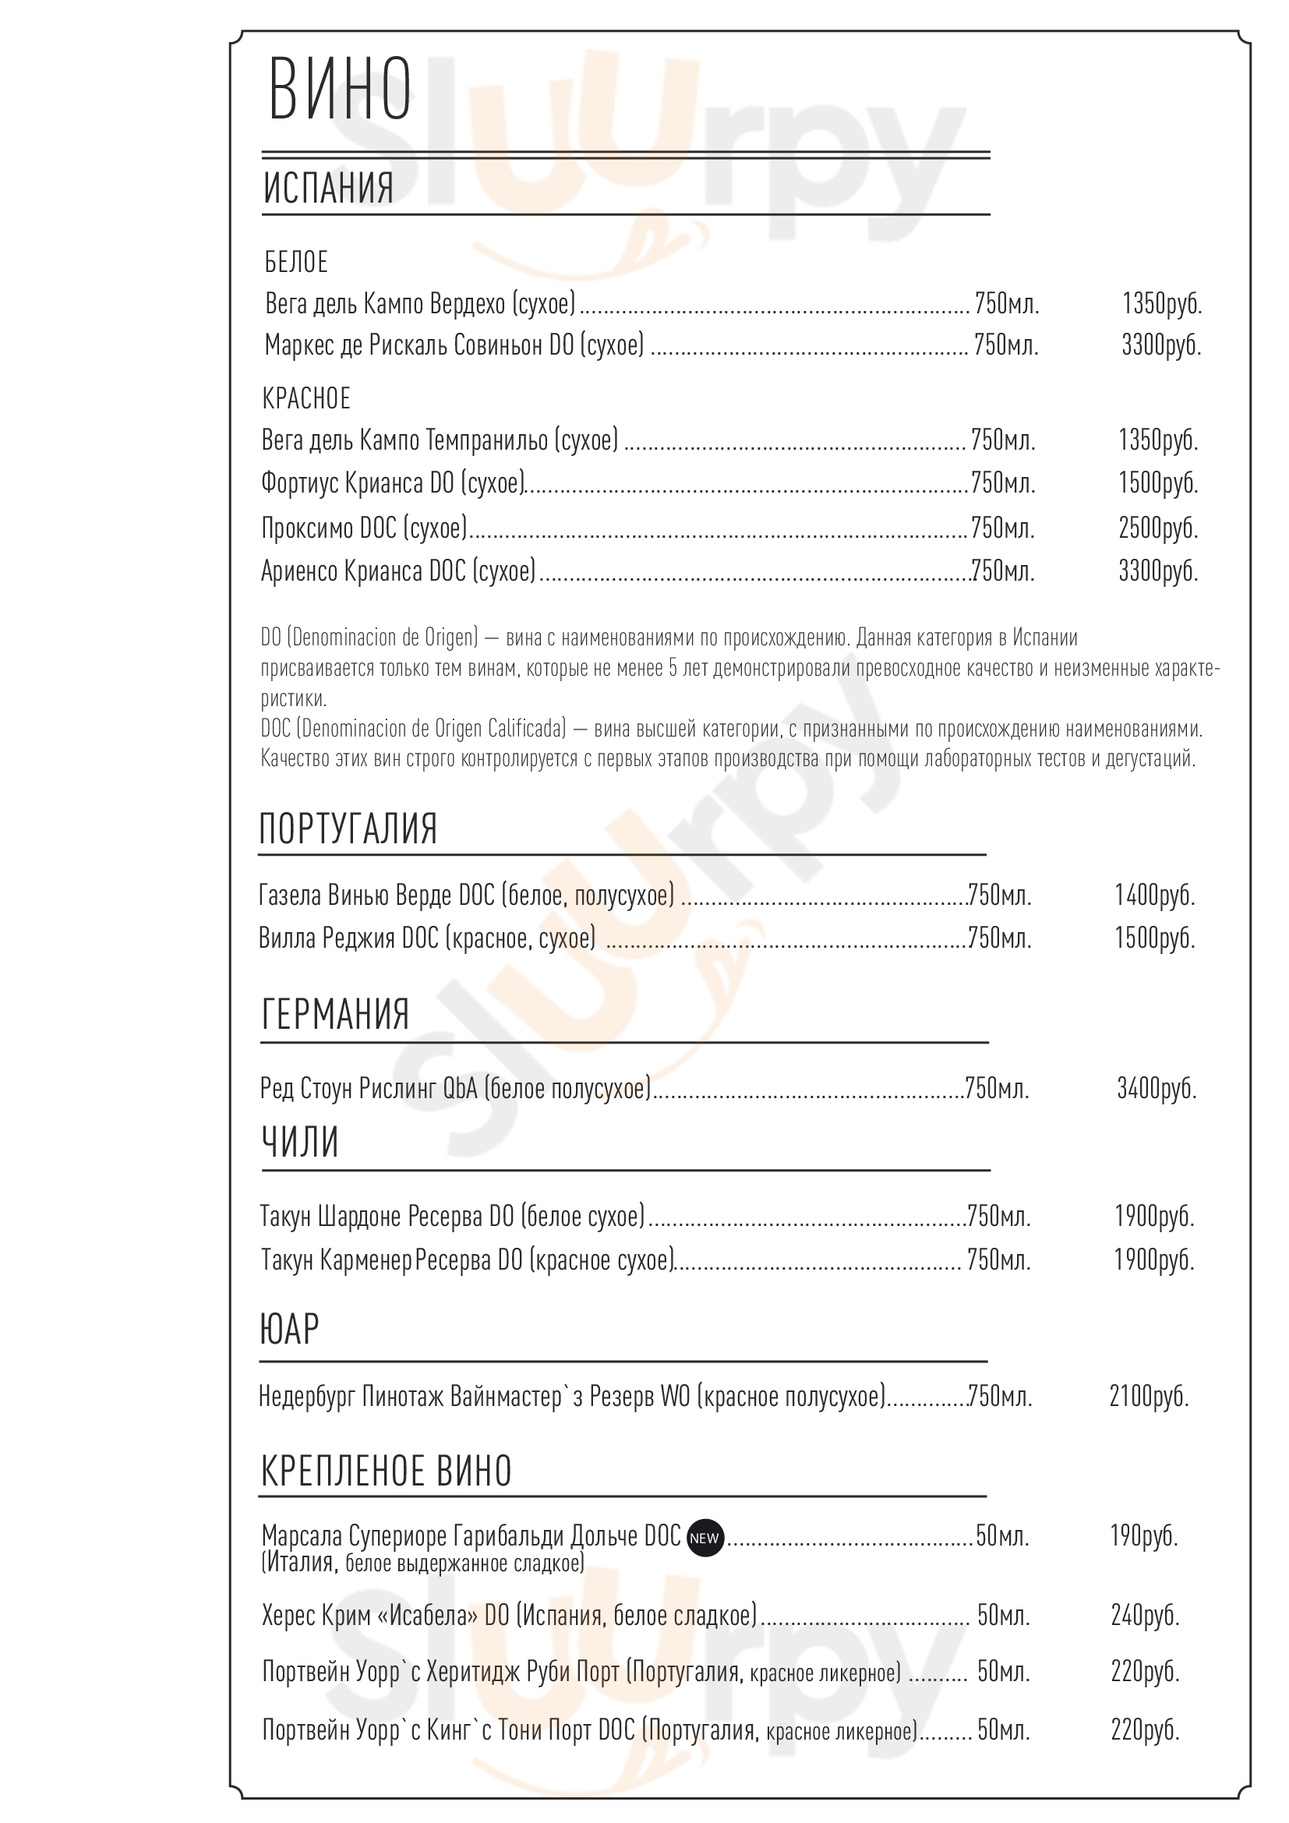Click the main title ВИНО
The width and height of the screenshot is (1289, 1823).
340,89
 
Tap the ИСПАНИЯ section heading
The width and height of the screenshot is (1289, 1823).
328,187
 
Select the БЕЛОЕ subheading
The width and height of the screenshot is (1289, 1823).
296,262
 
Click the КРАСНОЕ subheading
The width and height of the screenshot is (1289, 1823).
306,397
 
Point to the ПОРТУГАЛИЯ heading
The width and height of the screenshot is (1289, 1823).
348,828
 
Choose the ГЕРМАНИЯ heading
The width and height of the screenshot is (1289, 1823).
335,1014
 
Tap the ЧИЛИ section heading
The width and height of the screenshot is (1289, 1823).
300,1143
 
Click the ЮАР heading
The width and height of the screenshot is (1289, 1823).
289,1328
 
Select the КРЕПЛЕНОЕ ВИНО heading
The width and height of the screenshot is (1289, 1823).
386,1471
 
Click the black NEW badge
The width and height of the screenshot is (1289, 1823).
704,1537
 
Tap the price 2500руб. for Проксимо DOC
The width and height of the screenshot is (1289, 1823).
1158,528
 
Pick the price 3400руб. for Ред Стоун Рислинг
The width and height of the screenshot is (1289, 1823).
1157,1088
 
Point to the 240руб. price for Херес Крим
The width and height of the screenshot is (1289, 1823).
1145,1615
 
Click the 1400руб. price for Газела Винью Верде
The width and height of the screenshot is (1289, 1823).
1154,895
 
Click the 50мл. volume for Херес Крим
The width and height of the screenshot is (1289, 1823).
1003,1615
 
